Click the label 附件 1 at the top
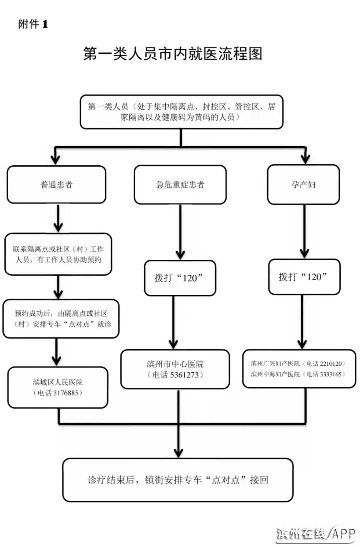tap(33, 24)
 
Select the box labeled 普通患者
tap(56, 185)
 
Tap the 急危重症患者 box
tap(180, 185)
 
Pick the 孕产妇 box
tap(303, 185)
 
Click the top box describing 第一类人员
tap(181, 112)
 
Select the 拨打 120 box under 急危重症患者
tap(180, 278)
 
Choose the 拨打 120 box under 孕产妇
tap(304, 277)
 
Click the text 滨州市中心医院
tap(175, 364)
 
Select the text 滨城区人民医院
tap(58, 382)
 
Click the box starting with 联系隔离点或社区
tap(58, 254)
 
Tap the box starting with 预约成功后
tap(61, 319)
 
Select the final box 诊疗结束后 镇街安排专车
tap(178, 480)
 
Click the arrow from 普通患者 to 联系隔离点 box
tap(58, 218)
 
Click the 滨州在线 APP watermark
tap(316, 534)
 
